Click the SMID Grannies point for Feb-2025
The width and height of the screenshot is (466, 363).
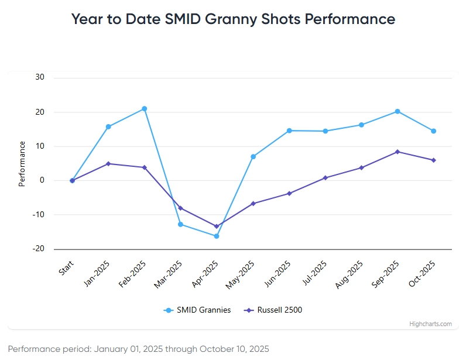pos(144,109)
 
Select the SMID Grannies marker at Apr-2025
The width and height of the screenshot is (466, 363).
pos(217,236)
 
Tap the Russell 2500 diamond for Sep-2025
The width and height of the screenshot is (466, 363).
pos(398,152)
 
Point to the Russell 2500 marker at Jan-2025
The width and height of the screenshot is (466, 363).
pos(108,163)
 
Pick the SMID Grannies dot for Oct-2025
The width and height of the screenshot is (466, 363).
pos(434,131)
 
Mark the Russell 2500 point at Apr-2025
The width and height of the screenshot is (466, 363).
pos(217,226)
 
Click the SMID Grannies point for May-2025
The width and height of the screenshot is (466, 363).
pos(253,156)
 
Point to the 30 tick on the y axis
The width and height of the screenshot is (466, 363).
pos(40,77)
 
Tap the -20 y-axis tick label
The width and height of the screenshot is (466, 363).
pos(39,249)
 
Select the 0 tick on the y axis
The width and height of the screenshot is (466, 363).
pos(43,180)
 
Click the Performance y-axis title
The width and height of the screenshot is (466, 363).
pos(22,163)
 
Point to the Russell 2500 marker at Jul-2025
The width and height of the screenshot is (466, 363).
pos(325,177)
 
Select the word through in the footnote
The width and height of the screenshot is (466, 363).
pos(181,349)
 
